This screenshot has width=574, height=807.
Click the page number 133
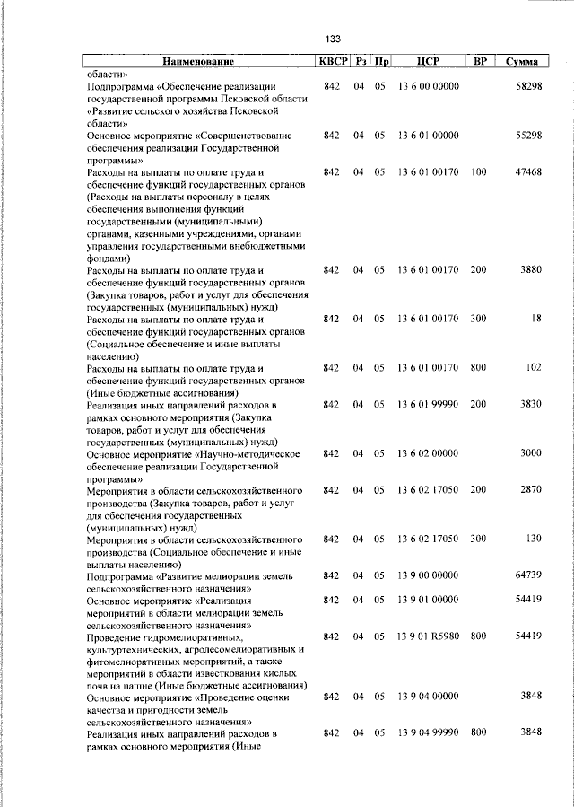[333, 39]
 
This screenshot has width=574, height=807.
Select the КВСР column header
[332, 62]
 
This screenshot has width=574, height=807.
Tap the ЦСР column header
[428, 62]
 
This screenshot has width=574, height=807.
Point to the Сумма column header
[522, 62]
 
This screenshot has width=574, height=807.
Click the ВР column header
[480, 62]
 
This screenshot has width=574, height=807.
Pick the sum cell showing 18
[535, 319]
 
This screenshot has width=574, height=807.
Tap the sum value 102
[534, 367]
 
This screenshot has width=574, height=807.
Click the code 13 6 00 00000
[428, 86]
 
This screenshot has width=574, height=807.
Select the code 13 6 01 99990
[428, 404]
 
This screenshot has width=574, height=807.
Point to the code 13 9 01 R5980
[428, 636]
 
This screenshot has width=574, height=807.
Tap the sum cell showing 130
[534, 538]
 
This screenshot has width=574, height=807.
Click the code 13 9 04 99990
[428, 733]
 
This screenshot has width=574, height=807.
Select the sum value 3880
[530, 269]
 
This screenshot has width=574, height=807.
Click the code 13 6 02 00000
[428, 452]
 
